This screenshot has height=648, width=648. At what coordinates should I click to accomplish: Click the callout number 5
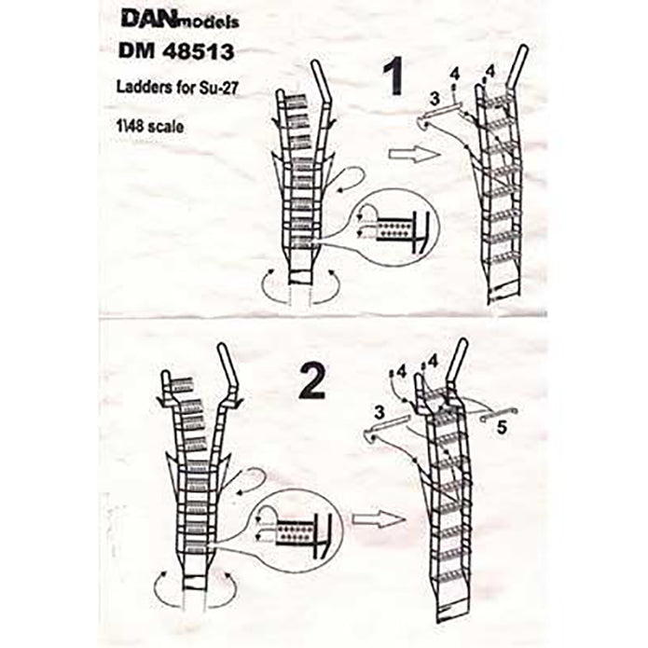tap(502, 431)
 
